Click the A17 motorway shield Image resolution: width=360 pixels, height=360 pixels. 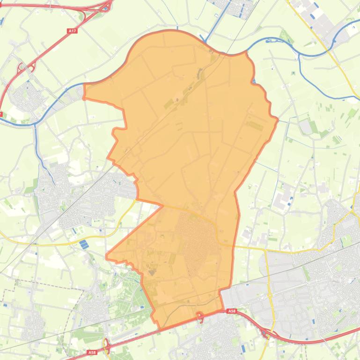72,31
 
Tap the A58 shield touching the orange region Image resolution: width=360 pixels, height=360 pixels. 232,311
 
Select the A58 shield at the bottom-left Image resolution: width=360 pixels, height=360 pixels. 92,353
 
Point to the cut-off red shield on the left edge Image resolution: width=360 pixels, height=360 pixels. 1,114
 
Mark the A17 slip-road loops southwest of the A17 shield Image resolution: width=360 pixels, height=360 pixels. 22,68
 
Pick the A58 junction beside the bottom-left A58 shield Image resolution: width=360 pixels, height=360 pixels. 107,346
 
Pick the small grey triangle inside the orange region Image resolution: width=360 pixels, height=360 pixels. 152,272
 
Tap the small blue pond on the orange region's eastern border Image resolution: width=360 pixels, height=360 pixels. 254,82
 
